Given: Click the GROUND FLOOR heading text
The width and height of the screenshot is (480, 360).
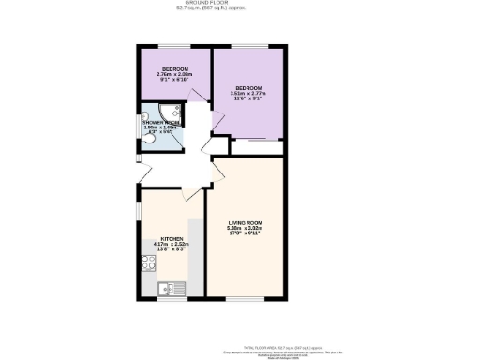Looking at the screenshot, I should tap(241, 4).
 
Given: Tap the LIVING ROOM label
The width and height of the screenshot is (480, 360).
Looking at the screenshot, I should tap(244, 222).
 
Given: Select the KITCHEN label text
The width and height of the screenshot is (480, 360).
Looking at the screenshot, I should tap(171, 239).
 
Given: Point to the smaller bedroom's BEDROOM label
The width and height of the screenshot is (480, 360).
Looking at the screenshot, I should tap(174, 69).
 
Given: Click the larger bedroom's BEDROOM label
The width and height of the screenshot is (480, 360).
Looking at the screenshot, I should tap(248, 88).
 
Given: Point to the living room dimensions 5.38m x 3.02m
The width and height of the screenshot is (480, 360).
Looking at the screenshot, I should tap(244, 228).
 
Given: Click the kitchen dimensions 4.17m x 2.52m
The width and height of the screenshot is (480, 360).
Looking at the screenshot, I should tap(171, 245).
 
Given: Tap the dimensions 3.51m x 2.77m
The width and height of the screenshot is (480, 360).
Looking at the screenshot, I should tap(248, 94).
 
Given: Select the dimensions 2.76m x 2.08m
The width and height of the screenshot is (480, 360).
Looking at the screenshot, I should tap(174, 75).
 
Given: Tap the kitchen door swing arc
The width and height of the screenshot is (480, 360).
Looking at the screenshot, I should tap(193, 195).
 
